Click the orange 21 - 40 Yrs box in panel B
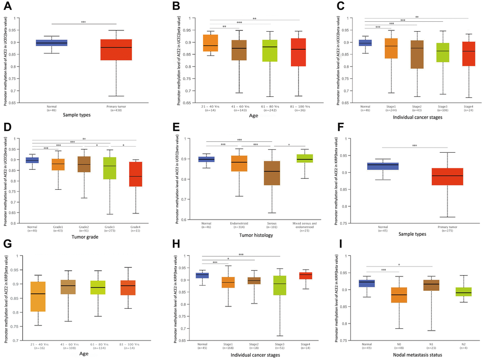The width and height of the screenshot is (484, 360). pos(210,42)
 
